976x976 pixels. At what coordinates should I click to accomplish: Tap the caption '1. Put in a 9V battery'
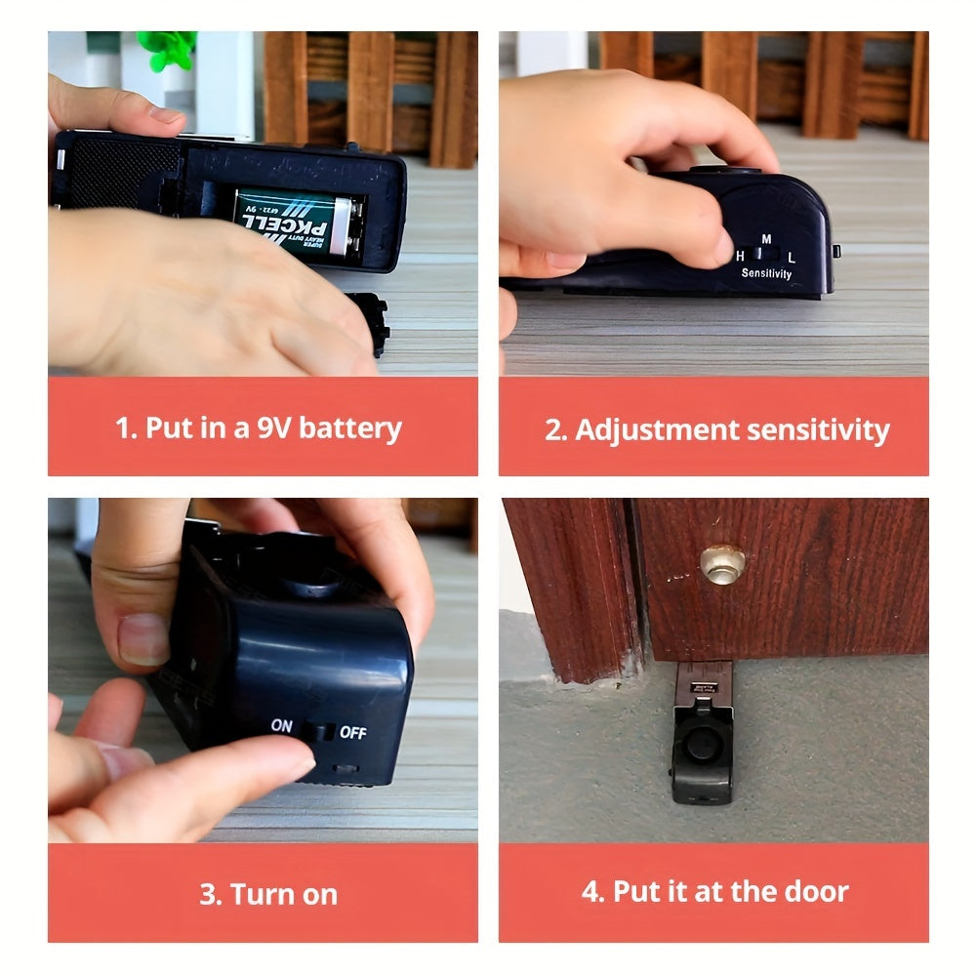pyautogui.click(x=259, y=427)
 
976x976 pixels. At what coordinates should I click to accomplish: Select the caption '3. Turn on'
pyautogui.click(x=268, y=894)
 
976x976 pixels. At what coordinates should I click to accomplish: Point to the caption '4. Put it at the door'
pyautogui.click(x=715, y=891)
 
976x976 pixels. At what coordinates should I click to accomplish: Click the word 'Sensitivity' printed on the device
pyautogui.click(x=766, y=273)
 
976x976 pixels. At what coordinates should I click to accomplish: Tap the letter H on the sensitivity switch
pyautogui.click(x=741, y=256)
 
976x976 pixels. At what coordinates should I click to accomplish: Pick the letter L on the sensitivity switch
pyautogui.click(x=792, y=257)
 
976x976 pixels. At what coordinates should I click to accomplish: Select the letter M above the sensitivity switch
pyautogui.click(x=766, y=238)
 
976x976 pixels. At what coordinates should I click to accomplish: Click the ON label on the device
pyautogui.click(x=282, y=726)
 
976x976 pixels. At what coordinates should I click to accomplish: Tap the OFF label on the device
pyautogui.click(x=352, y=732)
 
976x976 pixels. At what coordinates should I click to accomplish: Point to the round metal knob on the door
pyautogui.click(x=722, y=563)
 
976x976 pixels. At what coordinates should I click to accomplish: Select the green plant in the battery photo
pyautogui.click(x=167, y=49)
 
